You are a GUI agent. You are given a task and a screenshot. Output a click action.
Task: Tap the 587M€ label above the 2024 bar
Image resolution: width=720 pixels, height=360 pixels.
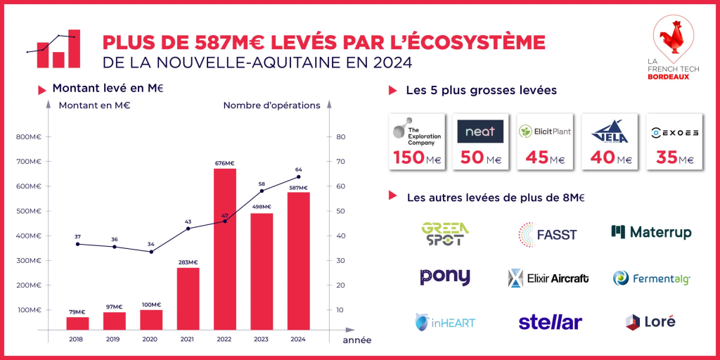[297, 187]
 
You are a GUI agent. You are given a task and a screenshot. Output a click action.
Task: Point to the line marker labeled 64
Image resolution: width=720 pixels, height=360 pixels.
[298, 176]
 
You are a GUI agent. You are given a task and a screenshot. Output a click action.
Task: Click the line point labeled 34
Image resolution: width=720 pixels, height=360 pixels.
[151, 252]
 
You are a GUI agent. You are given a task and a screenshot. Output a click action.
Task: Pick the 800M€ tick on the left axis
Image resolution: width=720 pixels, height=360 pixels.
[28, 137]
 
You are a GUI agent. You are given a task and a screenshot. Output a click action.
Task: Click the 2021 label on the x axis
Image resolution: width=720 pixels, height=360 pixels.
[188, 338]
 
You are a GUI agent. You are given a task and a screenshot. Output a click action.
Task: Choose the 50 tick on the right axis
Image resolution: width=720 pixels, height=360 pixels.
[340, 211]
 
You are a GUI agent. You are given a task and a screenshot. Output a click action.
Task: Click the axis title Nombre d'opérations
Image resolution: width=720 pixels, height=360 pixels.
[271, 105]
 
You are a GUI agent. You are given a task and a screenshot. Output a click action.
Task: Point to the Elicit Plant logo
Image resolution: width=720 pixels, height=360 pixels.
[545, 131]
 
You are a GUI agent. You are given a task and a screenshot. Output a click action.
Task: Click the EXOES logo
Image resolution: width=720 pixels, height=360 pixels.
[675, 131]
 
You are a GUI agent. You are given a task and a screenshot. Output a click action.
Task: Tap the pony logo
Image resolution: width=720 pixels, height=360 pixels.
[445, 277]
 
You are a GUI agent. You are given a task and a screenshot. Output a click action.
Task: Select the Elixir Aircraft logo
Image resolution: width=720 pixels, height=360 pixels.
[548, 278]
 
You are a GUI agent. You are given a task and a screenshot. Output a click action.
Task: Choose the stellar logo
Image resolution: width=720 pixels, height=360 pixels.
[550, 322]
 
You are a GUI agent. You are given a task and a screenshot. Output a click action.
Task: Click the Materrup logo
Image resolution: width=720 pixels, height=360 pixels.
[651, 232]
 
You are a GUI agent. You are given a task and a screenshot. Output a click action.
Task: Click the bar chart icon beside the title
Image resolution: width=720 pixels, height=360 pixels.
[53, 49]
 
